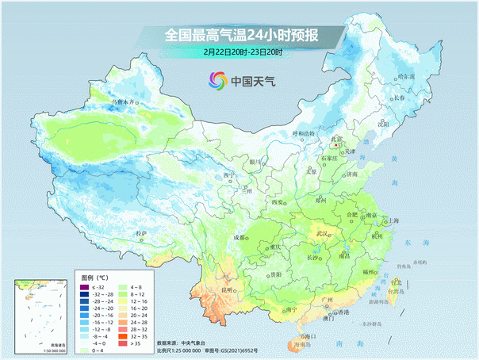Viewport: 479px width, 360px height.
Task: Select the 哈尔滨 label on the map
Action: [x=405, y=76]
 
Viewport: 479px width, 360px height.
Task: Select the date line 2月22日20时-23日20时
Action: [x=243, y=52]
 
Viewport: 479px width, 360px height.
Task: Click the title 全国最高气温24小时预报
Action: [x=242, y=35]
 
